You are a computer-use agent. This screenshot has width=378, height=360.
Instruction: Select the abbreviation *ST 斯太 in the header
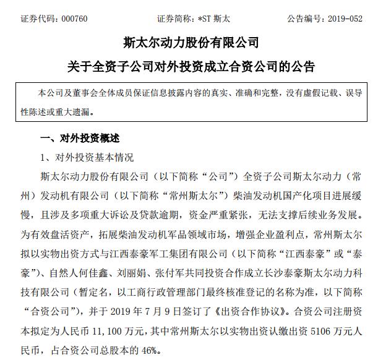pos(212,19)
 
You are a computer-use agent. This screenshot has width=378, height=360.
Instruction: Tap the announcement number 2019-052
pos(343,19)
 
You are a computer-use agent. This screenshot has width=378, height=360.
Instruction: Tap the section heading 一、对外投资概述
pos(79,137)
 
